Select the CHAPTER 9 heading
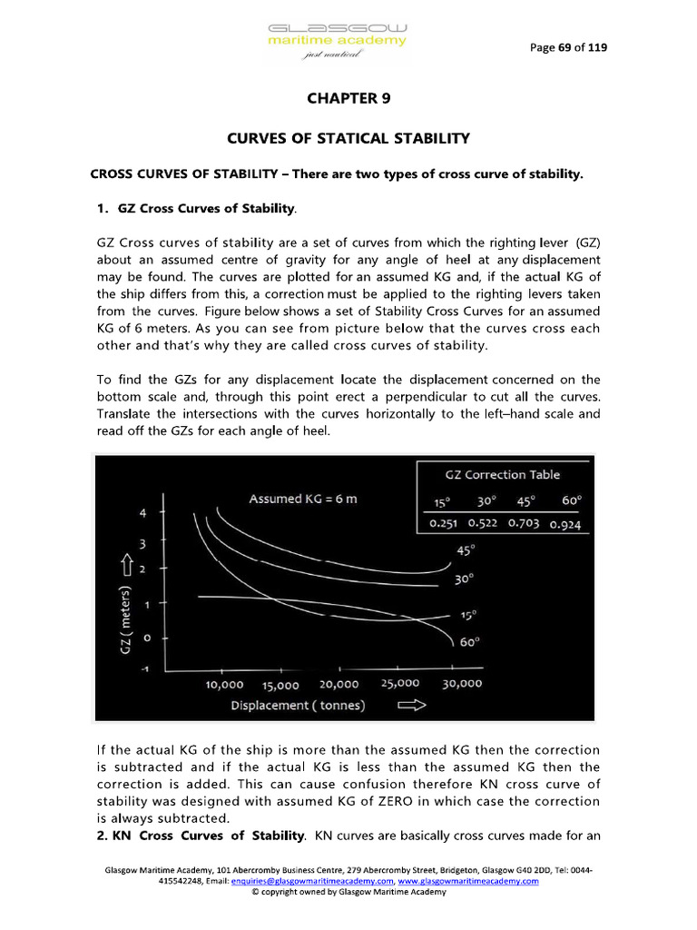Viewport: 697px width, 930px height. (x=348, y=98)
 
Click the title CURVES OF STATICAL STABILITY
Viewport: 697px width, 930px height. (x=348, y=138)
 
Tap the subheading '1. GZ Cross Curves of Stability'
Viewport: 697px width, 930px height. (x=196, y=209)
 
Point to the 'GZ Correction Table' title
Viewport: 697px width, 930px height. (x=502, y=474)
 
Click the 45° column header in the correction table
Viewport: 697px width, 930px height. (x=525, y=500)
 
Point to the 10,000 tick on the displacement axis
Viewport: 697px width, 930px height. (x=218, y=684)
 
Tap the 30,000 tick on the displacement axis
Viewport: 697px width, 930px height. (x=462, y=684)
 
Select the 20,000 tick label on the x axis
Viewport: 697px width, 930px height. (x=339, y=684)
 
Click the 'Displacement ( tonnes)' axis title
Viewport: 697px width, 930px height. (x=298, y=706)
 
